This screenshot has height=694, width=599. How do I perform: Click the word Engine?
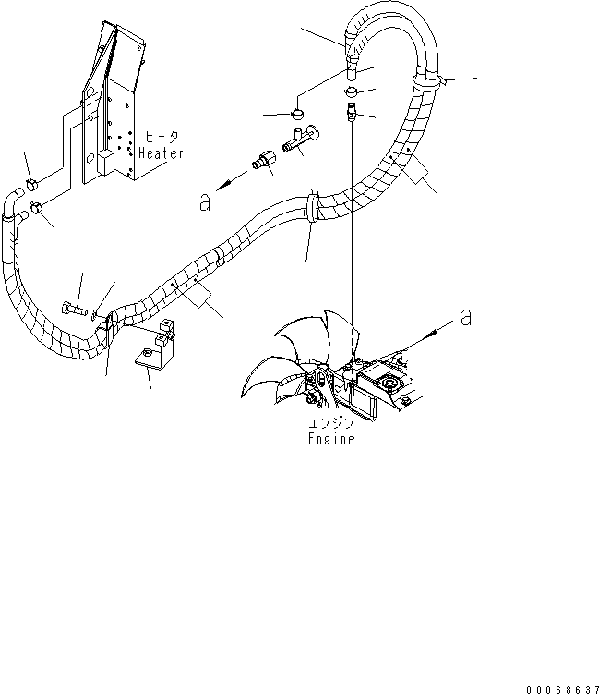point(331,440)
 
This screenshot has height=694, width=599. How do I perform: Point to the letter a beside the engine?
point(466,318)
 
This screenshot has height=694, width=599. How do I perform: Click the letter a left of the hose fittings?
point(207,202)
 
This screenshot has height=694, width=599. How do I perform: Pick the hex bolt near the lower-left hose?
point(75,306)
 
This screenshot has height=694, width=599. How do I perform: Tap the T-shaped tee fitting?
point(302,139)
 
